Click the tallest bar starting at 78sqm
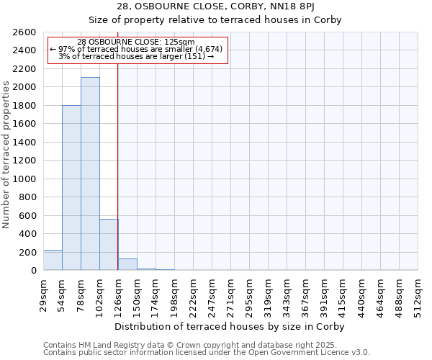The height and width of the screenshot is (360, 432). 90,174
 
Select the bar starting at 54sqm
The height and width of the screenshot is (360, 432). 71,187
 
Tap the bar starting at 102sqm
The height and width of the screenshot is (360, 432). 109,244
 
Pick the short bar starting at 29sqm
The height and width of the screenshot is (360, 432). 53,260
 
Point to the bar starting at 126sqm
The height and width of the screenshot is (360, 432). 127,264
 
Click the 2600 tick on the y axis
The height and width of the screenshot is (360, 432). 25,32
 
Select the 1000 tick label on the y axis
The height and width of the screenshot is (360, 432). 25,179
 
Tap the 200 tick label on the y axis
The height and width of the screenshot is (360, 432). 28,252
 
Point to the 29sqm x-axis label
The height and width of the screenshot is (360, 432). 44,292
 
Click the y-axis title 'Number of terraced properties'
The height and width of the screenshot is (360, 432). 6,155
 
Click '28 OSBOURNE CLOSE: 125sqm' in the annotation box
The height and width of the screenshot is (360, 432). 135,42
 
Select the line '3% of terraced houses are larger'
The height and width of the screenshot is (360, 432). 135,56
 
